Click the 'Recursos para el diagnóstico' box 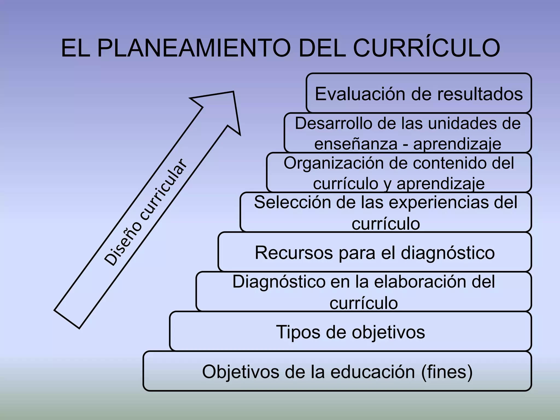coord(375,252)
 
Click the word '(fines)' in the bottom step coord(447,372)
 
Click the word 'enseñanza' coord(356,144)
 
